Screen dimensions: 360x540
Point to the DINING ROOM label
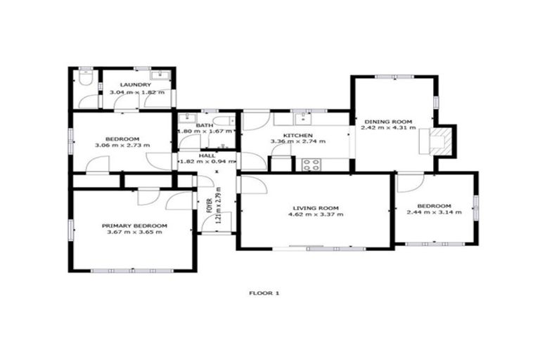click(387, 121)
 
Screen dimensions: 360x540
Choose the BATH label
click(205, 125)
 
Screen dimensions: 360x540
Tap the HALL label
click(207, 155)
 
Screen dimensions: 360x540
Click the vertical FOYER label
click(209, 205)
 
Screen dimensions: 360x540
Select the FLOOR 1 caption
click(265, 292)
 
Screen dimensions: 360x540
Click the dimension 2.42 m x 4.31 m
click(387, 128)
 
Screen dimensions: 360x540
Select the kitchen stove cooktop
click(311, 165)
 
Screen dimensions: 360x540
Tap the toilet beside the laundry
click(85, 80)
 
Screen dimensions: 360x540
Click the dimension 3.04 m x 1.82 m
click(136, 92)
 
